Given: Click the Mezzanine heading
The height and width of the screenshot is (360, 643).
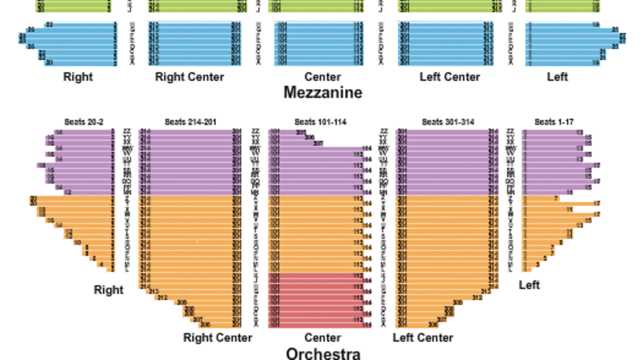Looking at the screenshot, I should [323, 93].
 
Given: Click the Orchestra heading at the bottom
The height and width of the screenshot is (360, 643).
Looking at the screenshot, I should [323, 354].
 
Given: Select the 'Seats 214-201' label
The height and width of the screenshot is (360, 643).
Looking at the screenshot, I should [190, 122].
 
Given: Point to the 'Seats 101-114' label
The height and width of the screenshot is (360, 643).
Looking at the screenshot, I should [320, 122].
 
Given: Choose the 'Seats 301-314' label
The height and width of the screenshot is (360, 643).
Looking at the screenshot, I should [448, 122].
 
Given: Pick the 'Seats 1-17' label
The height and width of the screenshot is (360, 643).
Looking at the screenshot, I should [553, 122].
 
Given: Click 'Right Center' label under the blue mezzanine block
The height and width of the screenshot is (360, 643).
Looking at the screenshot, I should [189, 77].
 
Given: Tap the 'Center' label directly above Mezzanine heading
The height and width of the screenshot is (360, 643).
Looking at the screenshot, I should [323, 77].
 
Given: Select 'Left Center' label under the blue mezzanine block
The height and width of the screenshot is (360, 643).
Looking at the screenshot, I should [450, 77].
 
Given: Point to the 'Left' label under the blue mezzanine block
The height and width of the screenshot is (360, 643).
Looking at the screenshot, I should [557, 77].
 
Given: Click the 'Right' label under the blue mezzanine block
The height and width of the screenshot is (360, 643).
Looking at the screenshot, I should [78, 77].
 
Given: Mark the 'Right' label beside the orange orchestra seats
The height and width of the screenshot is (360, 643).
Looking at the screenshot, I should [109, 290].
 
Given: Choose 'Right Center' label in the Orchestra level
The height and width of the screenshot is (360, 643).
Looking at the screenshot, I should [218, 338].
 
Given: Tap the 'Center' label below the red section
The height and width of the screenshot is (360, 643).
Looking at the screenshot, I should [323, 338].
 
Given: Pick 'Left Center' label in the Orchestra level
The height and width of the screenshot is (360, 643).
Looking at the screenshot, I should [423, 338].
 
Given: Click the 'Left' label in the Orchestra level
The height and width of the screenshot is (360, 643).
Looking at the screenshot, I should [529, 285].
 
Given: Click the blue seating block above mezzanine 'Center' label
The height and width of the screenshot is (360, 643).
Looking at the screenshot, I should [319, 44].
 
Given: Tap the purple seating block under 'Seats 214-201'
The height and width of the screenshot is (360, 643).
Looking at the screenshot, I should [190, 162].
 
